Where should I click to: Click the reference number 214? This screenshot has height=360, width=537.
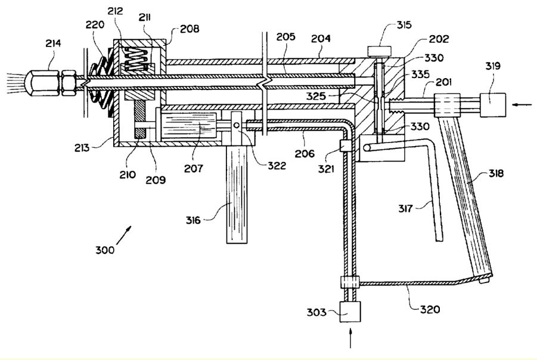point(53,44)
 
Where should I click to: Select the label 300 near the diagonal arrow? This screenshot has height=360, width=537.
point(105,250)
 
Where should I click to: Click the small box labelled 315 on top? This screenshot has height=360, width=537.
point(379,51)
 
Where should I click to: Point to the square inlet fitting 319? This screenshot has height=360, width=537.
point(493,104)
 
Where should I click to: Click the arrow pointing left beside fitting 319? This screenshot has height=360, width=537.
point(522,105)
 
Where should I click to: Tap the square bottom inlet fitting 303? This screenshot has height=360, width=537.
point(350,312)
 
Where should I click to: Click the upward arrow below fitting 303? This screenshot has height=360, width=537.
point(350,338)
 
